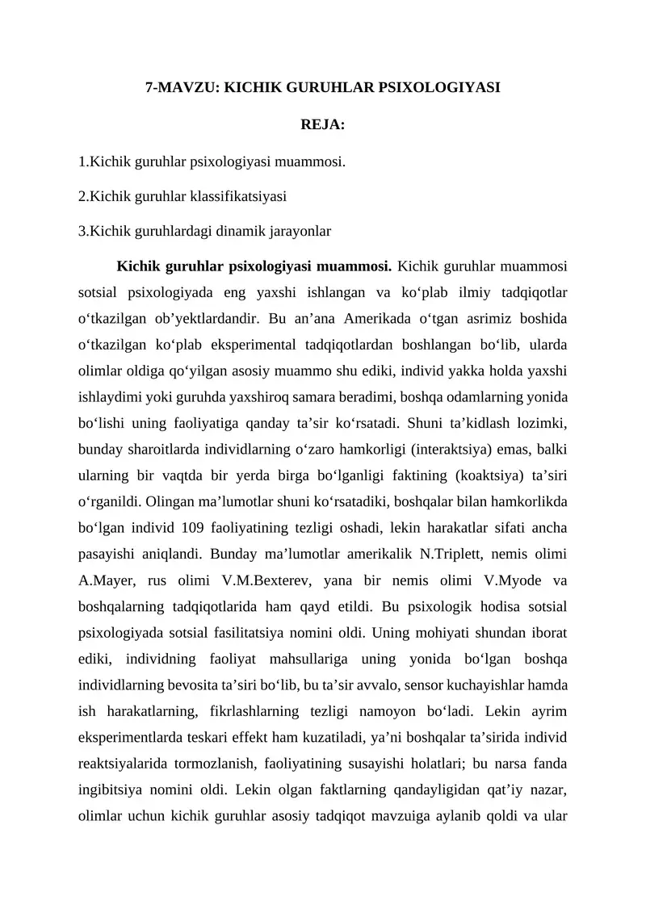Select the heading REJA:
(x=323, y=124)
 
